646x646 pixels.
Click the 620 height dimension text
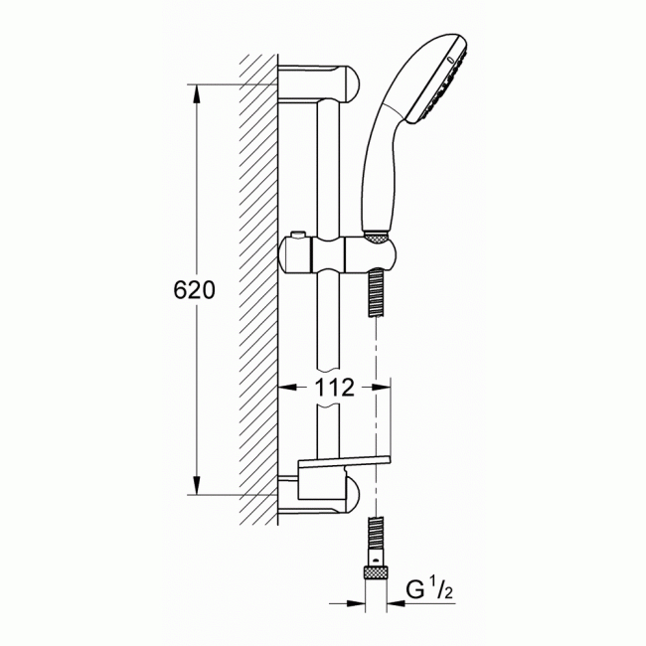point(195,290)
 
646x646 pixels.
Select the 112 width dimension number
point(335,389)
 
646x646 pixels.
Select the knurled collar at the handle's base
point(375,237)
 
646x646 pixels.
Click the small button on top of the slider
point(296,236)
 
